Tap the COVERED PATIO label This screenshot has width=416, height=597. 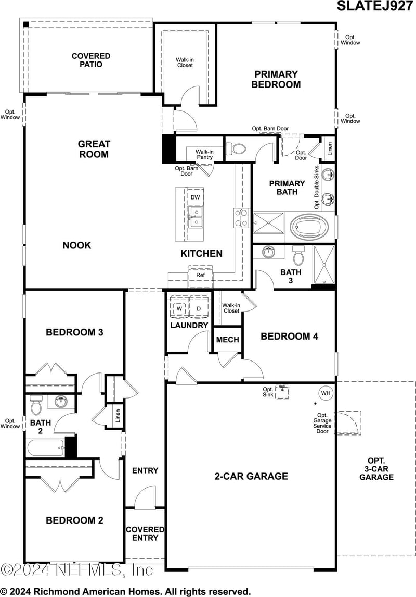point(91,60)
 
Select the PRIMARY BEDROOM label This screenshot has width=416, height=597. point(276,79)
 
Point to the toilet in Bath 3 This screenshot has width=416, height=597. point(298,255)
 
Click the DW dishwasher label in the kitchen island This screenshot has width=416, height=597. point(195,197)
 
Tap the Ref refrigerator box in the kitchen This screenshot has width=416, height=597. point(200,275)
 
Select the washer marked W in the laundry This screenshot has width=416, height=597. point(179,308)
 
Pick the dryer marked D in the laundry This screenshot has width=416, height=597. point(199,308)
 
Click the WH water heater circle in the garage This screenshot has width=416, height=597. point(326,393)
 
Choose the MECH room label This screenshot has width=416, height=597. point(227,340)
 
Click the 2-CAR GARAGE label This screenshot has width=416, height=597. point(251,476)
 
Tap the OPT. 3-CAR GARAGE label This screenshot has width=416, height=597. point(376,469)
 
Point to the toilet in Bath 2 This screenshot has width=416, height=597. point(36,404)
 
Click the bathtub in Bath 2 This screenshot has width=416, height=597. point(45,447)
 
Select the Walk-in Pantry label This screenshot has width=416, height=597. point(204,154)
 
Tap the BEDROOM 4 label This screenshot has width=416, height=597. point(289,337)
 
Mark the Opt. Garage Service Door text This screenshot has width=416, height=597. point(322,423)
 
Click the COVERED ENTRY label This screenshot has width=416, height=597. point(145,534)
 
